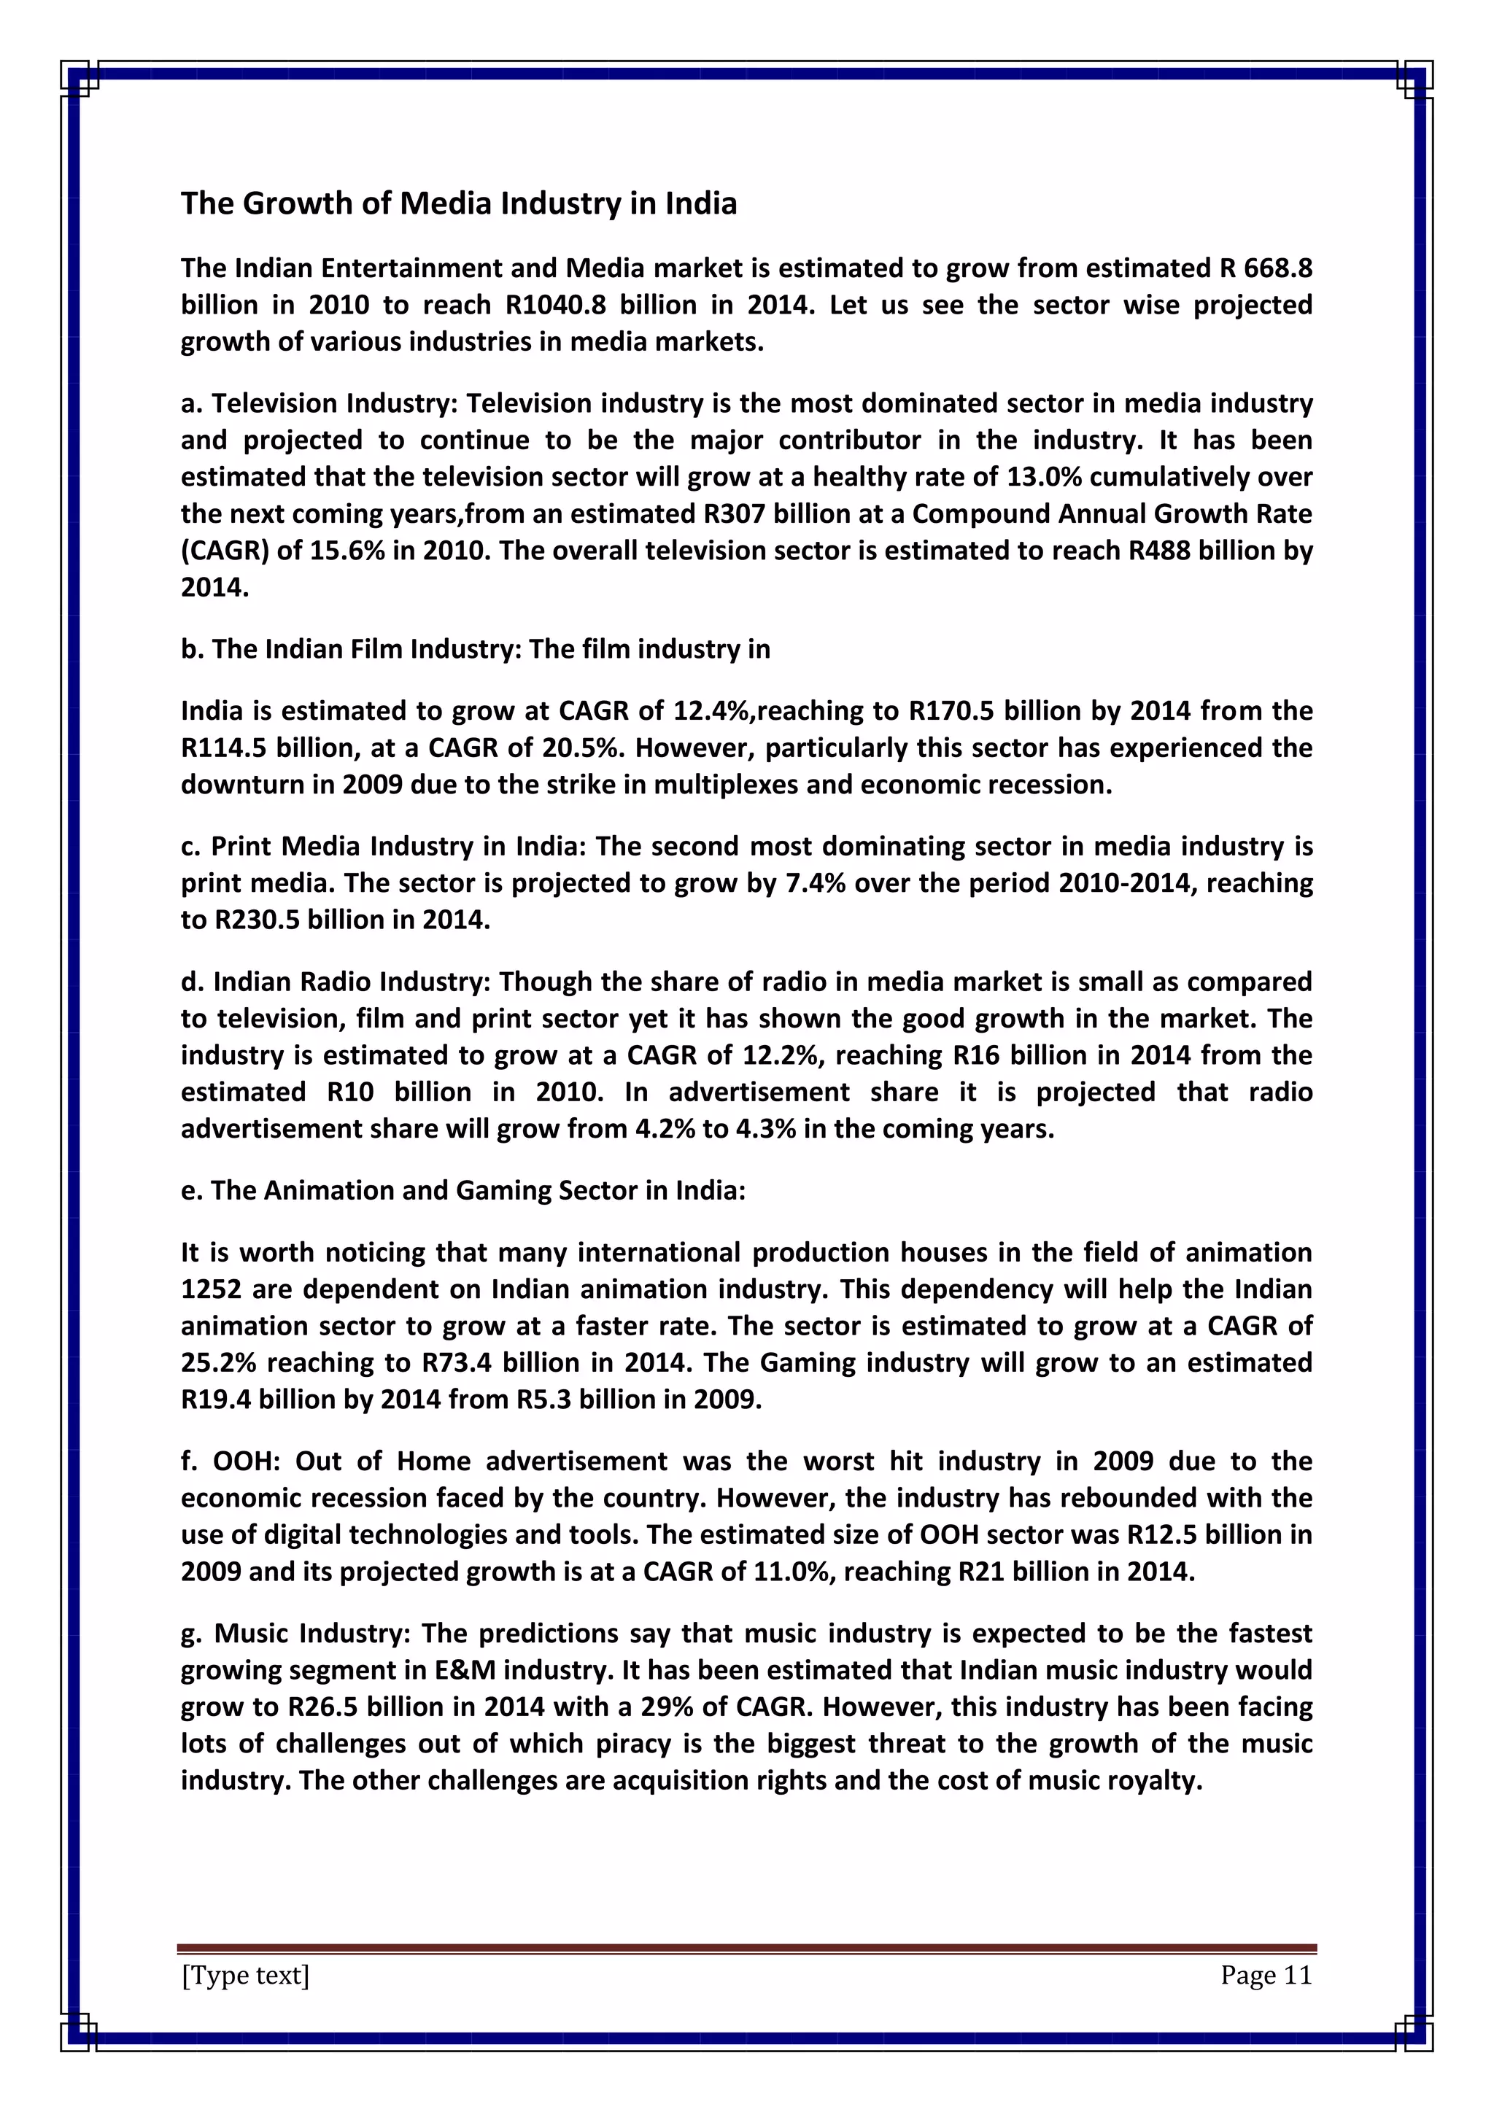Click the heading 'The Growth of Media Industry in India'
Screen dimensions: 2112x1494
click(458, 203)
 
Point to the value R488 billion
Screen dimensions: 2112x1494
click(1195, 550)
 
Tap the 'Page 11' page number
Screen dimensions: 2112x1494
click(1266, 1975)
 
